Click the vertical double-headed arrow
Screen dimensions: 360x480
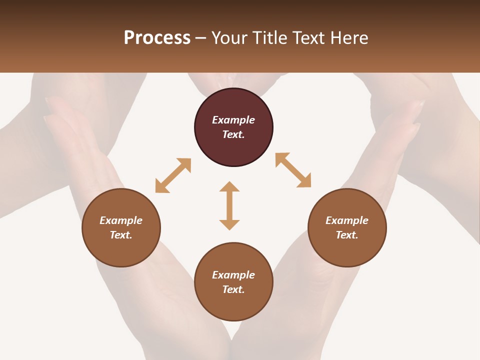coord(229,205)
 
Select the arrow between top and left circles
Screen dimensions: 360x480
coord(173,175)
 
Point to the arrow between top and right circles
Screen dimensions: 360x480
coord(293,170)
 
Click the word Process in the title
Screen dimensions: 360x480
coord(157,38)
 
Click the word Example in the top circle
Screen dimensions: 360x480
coord(233,120)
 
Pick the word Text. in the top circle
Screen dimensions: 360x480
coord(233,134)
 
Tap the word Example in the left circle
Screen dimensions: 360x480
coord(121,220)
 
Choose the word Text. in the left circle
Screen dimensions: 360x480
coord(121,235)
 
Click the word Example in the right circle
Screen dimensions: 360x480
coord(347,220)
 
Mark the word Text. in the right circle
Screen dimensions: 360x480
coord(347,235)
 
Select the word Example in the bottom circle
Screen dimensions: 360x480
coord(233,275)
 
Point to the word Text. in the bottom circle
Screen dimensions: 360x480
coord(233,289)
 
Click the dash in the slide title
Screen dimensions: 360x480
coord(201,38)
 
